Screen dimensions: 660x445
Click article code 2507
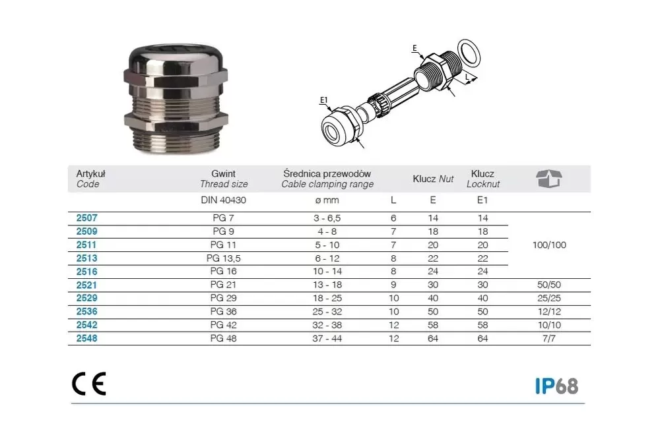[x=86, y=218]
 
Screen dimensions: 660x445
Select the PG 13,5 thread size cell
[x=223, y=258]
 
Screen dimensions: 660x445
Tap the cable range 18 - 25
[x=327, y=298]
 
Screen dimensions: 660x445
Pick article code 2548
[x=86, y=338]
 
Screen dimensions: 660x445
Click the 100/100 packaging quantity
[x=549, y=245]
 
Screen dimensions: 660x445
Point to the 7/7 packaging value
[x=549, y=338]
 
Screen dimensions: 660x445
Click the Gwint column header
[x=223, y=173]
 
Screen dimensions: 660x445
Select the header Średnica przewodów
[x=327, y=173]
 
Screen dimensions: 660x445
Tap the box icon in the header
[x=549, y=179]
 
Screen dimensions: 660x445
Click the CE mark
[x=89, y=384]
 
